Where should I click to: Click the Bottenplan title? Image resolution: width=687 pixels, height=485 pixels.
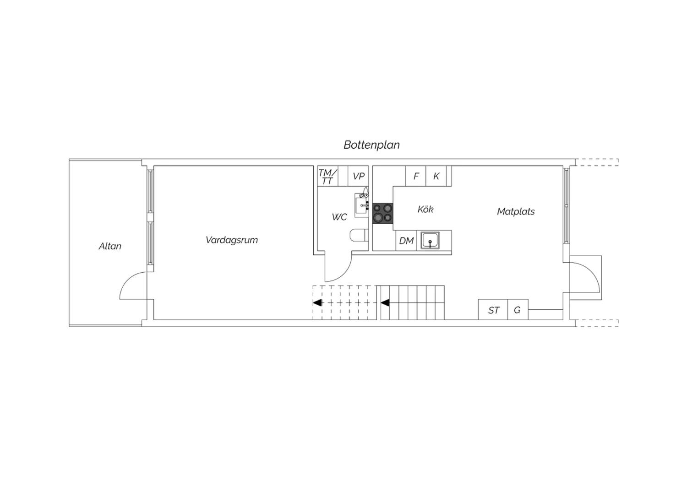coord(371,145)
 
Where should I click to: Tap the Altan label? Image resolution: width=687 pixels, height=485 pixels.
coord(110,246)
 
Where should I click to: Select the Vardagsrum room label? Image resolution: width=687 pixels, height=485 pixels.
coord(232,240)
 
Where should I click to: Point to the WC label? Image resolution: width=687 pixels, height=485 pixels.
coord(339,217)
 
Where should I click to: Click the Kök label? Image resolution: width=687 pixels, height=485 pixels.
coord(425,209)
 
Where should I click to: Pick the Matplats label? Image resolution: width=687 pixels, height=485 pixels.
coord(516,211)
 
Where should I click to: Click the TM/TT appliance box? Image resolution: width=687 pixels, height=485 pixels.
coord(327,176)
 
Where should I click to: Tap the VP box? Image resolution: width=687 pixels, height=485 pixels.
coord(358,176)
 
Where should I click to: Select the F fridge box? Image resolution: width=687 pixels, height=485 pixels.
coord(415,176)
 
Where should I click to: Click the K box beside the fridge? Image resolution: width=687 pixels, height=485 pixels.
coord(436,176)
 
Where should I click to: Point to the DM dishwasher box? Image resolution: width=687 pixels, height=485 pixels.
coord(406,241)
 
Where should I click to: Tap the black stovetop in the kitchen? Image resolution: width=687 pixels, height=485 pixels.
coord(383,213)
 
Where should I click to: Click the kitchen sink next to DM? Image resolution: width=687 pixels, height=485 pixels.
coord(430,240)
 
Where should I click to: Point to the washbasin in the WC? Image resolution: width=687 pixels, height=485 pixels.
coord(362,205)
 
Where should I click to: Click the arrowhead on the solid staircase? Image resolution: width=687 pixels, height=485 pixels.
coord(385,303)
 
